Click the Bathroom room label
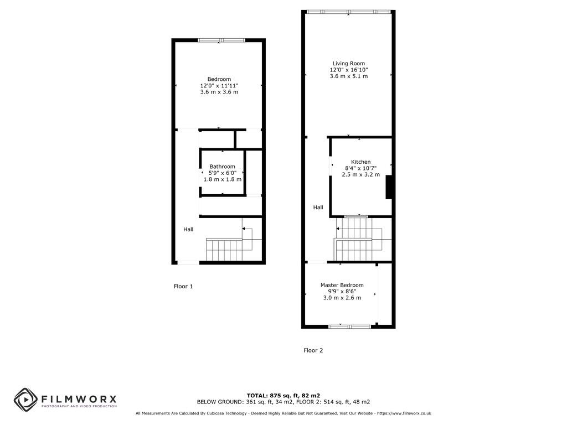pos(222,167)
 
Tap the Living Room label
pos(349,64)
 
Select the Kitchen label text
pos(361,162)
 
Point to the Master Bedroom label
pos(342,286)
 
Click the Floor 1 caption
pos(183,287)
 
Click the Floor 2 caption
pos(313,350)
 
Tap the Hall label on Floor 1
pos(188,229)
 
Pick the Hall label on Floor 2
pos(318,208)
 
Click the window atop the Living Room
pos(348,12)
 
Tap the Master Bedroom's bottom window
pos(349,326)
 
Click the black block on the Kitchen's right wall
pos(389,186)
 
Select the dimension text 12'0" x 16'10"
pos(349,70)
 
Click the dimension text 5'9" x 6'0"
pos(222,173)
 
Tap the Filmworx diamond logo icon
pos(25,399)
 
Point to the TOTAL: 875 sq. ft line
pos(283,396)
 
